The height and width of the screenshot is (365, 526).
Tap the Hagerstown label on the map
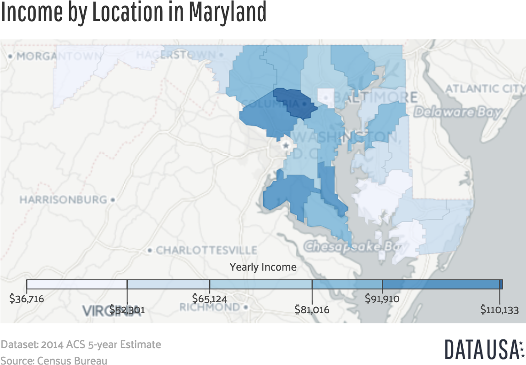[175, 54]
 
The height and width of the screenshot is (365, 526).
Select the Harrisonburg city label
[63, 200]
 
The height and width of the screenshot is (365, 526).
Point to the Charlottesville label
[206, 250]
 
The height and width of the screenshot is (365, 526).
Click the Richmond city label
[209, 307]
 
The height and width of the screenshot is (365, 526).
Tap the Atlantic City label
[485, 88]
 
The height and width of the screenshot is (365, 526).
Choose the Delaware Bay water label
[458, 112]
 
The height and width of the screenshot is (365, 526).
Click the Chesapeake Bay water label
[352, 246]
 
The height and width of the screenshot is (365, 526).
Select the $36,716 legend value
[27, 299]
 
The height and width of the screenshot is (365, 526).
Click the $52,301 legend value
[127, 310]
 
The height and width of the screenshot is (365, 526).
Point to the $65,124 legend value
[210, 299]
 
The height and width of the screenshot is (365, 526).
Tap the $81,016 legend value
[312, 310]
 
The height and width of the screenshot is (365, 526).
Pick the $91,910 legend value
[382, 299]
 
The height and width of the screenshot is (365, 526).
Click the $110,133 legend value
[499, 310]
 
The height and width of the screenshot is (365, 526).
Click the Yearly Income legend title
[263, 267]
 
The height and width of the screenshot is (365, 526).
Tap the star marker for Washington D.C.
[287, 146]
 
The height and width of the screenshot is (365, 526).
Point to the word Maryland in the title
[227, 12]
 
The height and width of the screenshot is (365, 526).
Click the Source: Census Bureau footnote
[54, 360]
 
